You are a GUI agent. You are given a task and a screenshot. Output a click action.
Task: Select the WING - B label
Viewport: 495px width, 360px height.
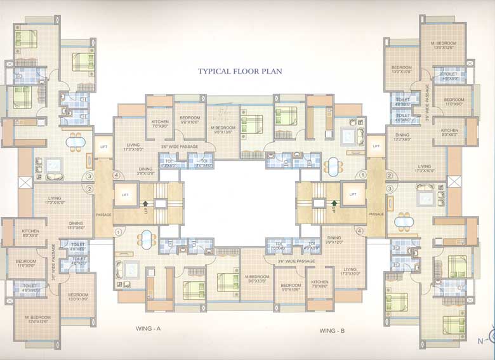pyautogui.click(x=335, y=330)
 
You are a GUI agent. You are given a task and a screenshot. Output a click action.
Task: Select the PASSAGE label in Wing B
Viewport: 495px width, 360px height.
pyautogui.click(x=376, y=215)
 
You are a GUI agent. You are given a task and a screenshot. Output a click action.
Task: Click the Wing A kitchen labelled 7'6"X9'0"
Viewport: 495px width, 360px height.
pyautogui.click(x=159, y=123)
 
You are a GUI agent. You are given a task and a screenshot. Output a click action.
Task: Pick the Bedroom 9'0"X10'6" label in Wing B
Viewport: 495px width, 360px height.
pyautogui.click(x=291, y=287)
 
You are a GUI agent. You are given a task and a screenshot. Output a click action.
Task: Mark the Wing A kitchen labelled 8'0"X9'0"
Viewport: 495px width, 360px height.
pyautogui.click(x=30, y=233)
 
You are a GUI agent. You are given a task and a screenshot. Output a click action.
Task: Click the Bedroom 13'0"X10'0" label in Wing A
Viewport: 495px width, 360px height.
pyautogui.click(x=78, y=297)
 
